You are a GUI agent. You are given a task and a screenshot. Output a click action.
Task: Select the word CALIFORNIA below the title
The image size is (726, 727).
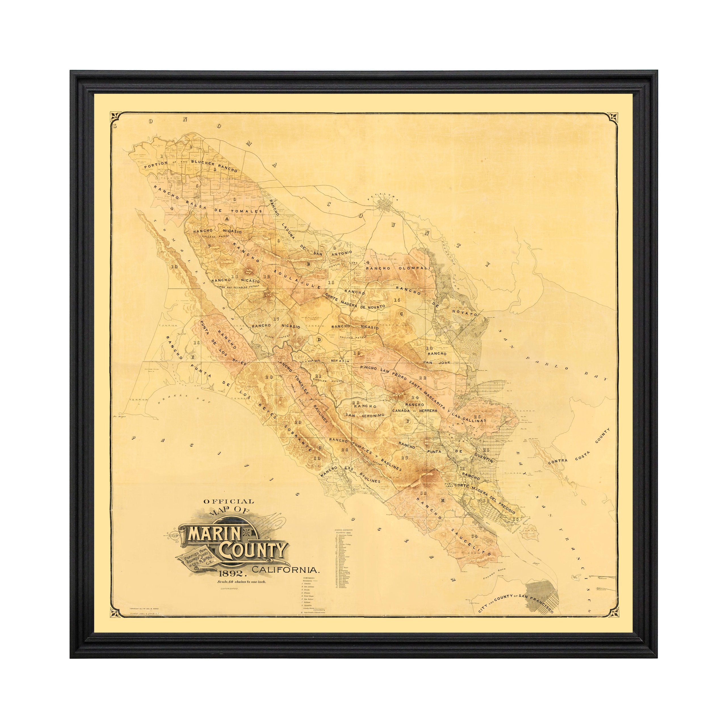pos(286,570)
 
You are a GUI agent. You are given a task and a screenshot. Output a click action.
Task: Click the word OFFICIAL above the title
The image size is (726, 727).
pos(229,502)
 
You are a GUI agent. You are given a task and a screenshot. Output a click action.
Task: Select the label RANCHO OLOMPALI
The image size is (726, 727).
pos(398,268)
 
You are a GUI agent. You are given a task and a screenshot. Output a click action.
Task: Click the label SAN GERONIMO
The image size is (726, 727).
pos(365,415)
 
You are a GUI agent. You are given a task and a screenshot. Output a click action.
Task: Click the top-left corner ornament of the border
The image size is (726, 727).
pos(116,117)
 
